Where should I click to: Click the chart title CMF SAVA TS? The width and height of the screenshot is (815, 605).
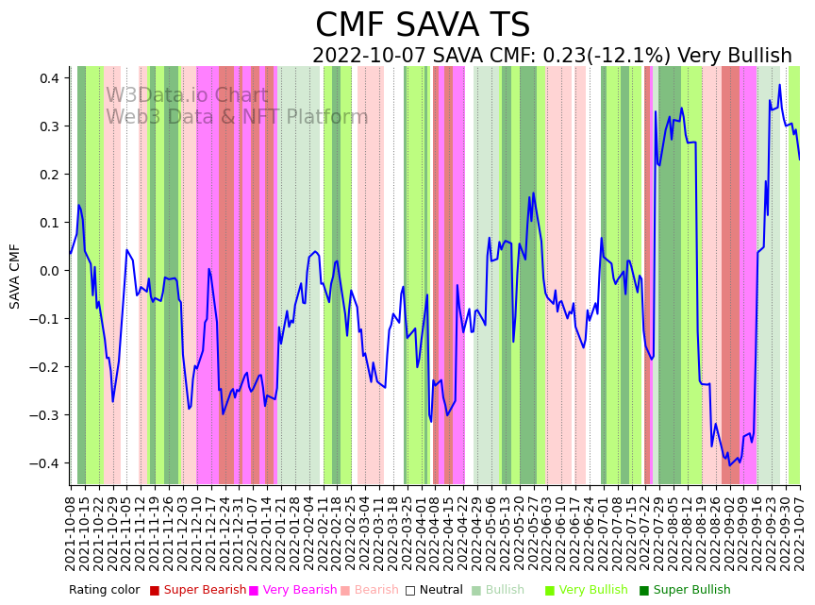pyautogui.click(x=423, y=25)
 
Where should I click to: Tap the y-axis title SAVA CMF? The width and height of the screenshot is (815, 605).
pyautogui.click(x=15, y=276)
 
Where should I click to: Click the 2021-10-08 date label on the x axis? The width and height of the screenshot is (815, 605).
pyautogui.click(x=71, y=529)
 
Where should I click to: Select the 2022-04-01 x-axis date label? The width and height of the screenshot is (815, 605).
pyautogui.click(x=420, y=529)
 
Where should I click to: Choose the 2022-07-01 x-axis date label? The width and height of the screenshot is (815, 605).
pyautogui.click(x=601, y=529)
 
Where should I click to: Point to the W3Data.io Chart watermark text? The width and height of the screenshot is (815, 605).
pyautogui.click(x=187, y=96)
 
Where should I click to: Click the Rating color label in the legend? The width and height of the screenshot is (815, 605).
pyautogui.click(x=104, y=590)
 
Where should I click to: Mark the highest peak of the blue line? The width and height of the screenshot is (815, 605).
pyautogui.click(x=779, y=85)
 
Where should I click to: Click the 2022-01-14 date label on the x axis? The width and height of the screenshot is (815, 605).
pyautogui.click(x=266, y=529)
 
